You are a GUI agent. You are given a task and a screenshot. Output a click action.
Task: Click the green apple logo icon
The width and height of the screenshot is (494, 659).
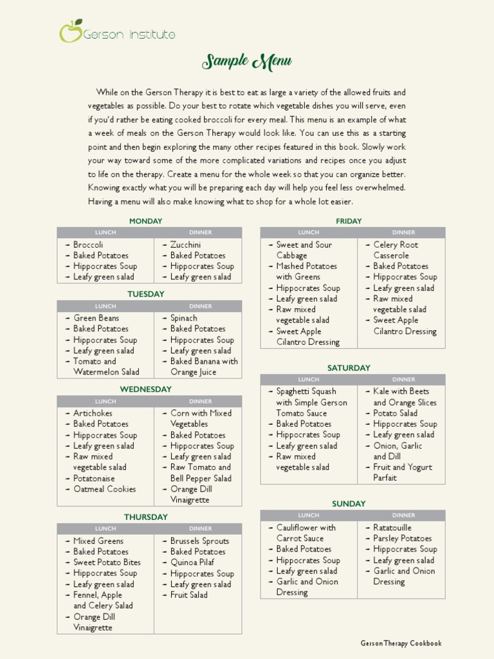(x=71, y=31)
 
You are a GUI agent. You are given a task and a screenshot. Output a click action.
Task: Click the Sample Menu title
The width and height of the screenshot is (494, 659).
(x=247, y=62)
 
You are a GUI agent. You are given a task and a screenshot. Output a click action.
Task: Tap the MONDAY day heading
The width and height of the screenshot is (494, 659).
(x=145, y=221)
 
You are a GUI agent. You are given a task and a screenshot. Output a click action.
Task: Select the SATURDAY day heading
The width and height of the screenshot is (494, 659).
(x=349, y=368)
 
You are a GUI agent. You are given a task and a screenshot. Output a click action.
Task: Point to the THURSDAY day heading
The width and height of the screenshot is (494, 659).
(x=145, y=517)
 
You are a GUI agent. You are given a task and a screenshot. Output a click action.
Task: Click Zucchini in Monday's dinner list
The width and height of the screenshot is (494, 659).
(x=185, y=245)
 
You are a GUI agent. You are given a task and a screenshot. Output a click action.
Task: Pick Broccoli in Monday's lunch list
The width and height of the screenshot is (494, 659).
(x=88, y=245)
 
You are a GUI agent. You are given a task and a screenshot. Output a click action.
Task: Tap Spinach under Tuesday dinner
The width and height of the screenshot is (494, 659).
(x=184, y=318)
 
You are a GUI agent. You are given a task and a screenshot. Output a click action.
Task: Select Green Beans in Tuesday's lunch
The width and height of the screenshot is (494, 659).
(x=96, y=318)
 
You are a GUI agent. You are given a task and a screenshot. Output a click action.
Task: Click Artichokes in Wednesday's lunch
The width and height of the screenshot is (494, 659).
(x=93, y=413)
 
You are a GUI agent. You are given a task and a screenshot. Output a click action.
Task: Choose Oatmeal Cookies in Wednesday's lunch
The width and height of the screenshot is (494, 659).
(x=104, y=489)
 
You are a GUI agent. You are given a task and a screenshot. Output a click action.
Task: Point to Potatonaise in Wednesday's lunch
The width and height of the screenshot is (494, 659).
(x=94, y=478)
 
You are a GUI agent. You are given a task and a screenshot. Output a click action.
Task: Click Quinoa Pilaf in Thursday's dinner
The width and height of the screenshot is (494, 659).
(x=192, y=562)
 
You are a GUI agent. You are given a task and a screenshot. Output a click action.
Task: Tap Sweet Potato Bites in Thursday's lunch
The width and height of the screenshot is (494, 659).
(x=107, y=562)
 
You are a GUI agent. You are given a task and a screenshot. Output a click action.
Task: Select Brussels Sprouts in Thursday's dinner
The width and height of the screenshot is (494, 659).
(x=199, y=541)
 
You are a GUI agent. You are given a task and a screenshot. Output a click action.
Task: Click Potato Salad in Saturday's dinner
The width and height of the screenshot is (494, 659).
(x=395, y=413)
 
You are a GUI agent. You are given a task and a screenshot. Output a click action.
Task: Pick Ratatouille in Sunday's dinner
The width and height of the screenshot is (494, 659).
(x=392, y=528)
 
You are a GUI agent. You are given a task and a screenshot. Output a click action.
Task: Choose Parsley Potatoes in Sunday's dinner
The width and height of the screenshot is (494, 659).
(x=403, y=539)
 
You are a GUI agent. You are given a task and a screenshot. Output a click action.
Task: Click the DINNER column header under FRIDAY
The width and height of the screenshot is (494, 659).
(x=403, y=232)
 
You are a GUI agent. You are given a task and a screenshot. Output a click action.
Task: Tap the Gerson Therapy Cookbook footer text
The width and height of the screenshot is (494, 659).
(x=401, y=643)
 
